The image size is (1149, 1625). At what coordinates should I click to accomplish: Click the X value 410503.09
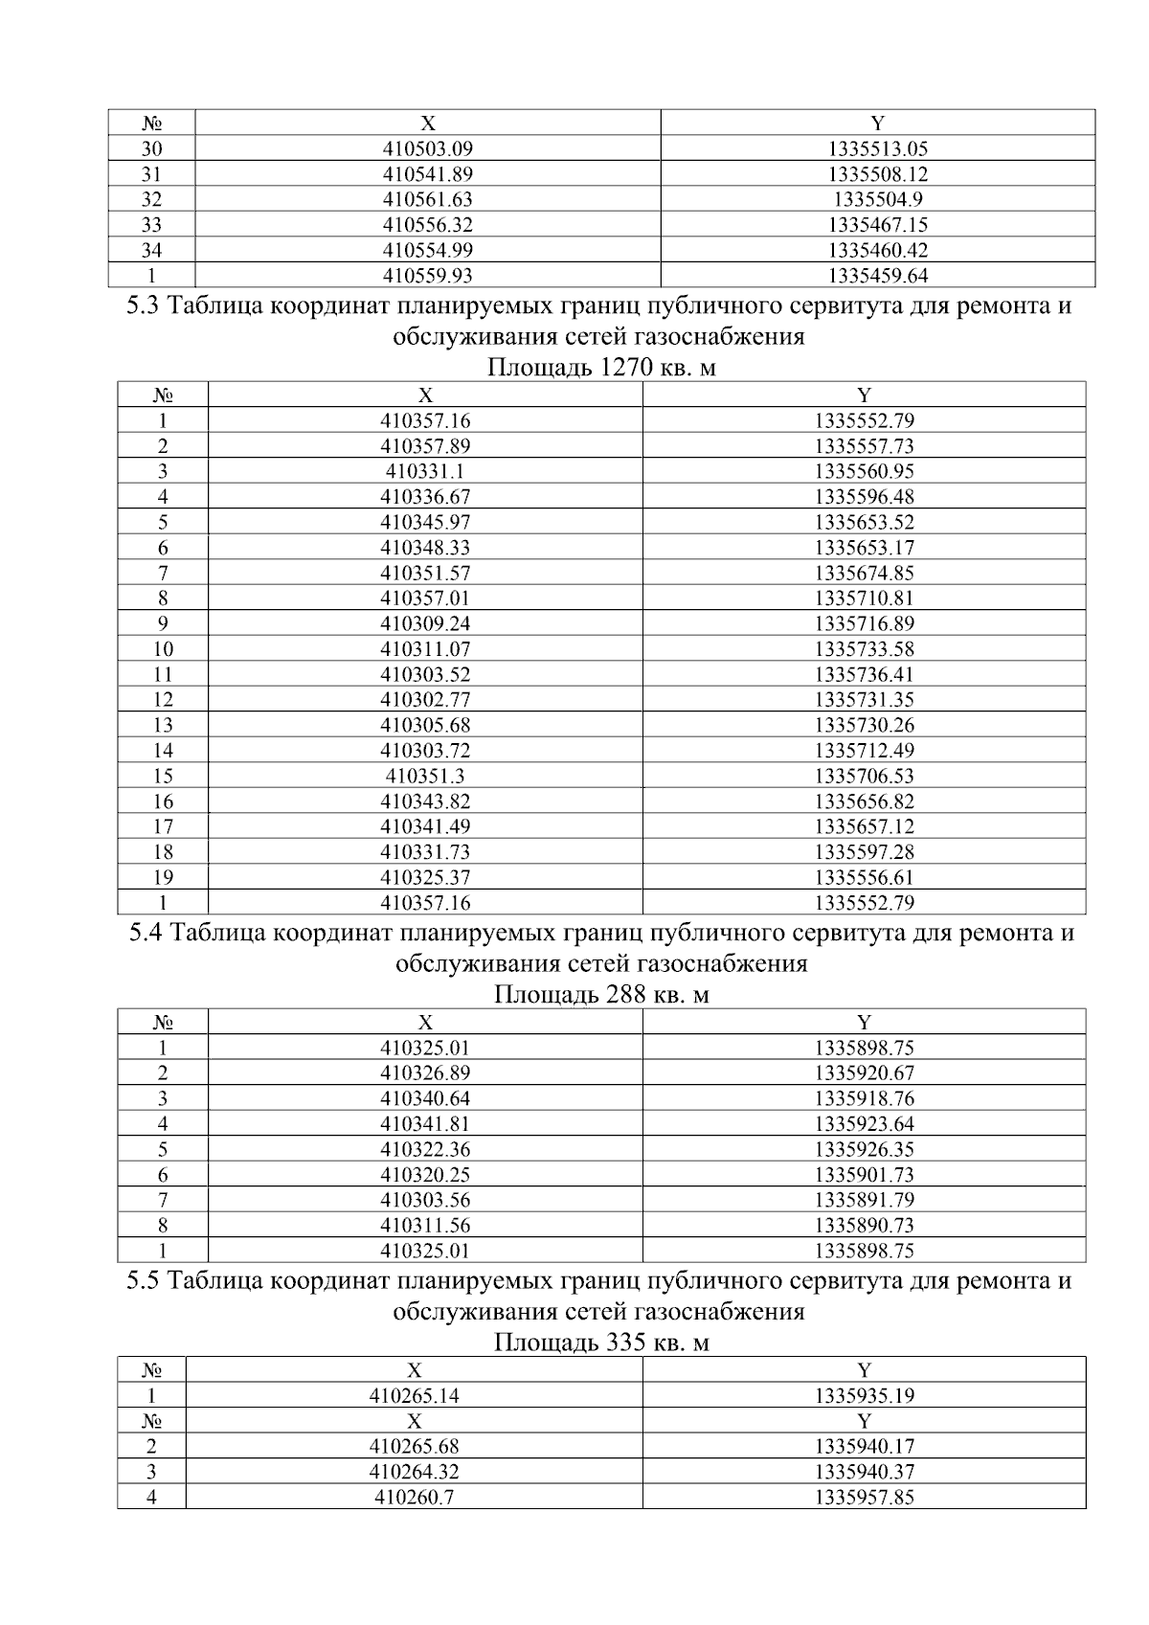(427, 148)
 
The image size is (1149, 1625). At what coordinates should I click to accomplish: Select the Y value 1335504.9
(877, 199)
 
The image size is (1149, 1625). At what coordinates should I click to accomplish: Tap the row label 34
(151, 251)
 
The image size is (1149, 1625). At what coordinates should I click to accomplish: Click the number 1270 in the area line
(627, 369)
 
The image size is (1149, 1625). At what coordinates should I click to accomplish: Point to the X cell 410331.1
(425, 471)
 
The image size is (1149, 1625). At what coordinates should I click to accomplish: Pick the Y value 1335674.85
(864, 573)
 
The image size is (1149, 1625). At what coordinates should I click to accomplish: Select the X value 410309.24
(425, 623)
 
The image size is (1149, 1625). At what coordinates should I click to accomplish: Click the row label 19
(163, 877)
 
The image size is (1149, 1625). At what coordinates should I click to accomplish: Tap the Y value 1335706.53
(864, 776)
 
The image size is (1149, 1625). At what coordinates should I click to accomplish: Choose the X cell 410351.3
(425, 776)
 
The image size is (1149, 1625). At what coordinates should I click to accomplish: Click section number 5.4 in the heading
(146, 933)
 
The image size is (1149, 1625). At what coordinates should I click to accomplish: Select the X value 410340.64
(425, 1098)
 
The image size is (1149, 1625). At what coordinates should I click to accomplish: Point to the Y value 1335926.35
(864, 1149)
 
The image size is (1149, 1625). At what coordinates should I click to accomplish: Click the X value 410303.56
(425, 1200)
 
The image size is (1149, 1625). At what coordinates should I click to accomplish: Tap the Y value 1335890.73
(864, 1225)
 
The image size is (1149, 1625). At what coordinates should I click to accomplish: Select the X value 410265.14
(414, 1395)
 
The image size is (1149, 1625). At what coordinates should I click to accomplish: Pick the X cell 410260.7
(414, 1497)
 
